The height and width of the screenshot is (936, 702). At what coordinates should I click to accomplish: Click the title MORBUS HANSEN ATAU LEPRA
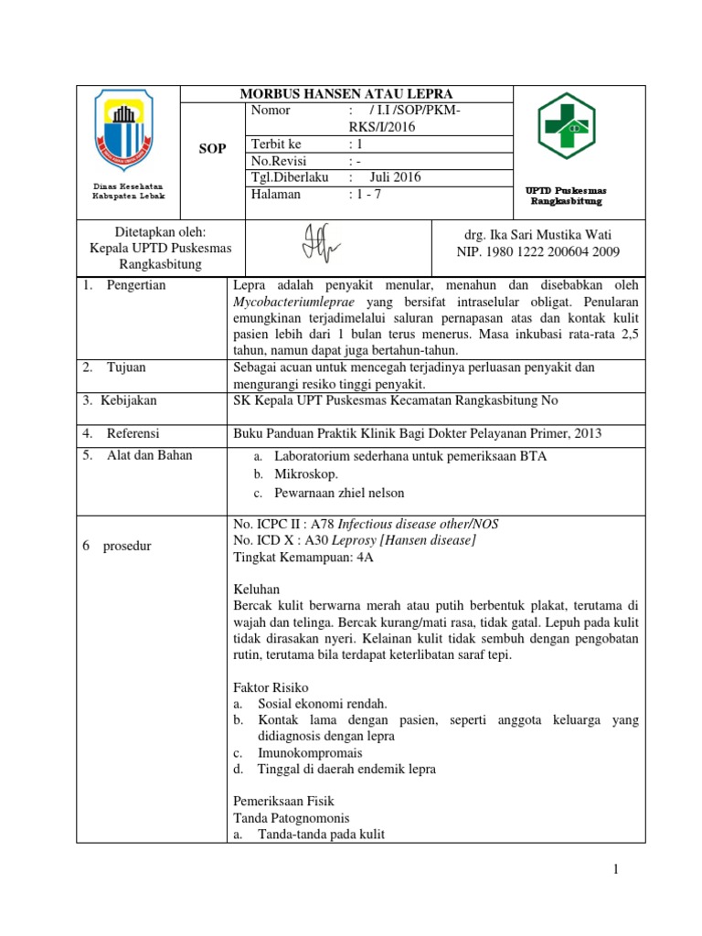[346, 94]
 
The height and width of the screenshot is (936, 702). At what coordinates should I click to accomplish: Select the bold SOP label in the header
[213, 149]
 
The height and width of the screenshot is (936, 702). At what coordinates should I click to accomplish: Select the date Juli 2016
[395, 177]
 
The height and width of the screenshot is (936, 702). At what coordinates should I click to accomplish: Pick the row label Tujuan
[126, 367]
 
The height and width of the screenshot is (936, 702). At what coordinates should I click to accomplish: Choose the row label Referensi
[133, 432]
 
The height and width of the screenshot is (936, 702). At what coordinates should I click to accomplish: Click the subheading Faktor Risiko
[271, 686]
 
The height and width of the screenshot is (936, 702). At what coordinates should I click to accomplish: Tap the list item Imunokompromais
[310, 752]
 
